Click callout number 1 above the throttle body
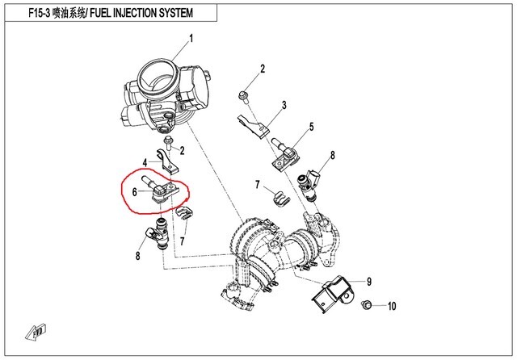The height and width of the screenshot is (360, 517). (191, 39)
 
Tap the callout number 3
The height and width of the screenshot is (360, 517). (284, 105)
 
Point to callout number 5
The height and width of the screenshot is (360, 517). (310, 128)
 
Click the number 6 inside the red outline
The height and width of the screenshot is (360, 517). (134, 192)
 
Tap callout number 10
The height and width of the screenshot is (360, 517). (393, 306)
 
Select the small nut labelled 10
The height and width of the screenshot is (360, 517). (365, 305)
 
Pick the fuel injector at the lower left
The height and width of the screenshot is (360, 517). (157, 237)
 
